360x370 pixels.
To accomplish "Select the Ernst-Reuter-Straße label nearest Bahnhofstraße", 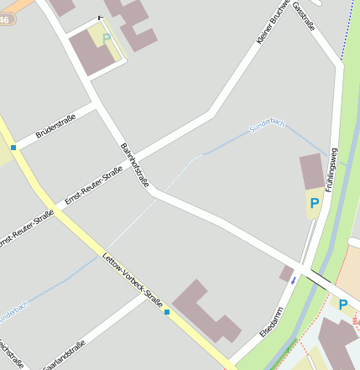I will point(93,186).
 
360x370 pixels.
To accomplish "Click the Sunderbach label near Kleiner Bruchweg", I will point(267,126).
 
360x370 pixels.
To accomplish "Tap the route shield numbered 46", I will point(7,18).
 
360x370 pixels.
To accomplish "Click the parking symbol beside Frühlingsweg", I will point(314,203).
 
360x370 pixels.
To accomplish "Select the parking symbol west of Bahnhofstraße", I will point(106,38).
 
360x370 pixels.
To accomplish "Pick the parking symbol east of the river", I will point(342,305).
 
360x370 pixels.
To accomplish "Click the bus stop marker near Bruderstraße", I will point(13,148).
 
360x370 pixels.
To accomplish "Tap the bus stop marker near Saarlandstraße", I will point(167,312).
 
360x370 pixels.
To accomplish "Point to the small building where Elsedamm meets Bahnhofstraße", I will point(287,274).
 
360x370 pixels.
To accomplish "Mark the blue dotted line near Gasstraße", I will point(346,34).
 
